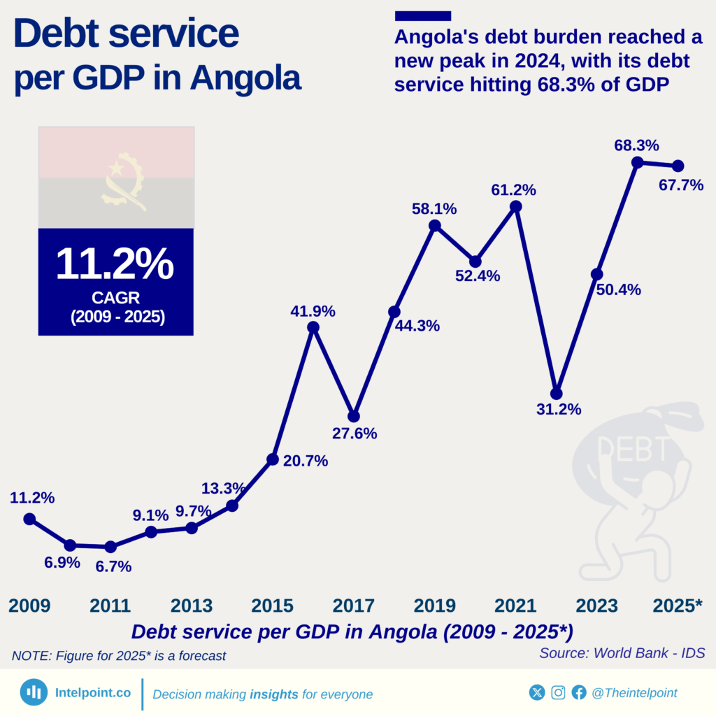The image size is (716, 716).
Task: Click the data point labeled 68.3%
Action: (637, 162)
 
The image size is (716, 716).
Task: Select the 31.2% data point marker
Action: (556, 394)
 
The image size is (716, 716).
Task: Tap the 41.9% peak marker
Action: (313, 327)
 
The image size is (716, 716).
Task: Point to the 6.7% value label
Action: (114, 566)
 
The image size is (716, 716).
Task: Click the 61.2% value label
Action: (513, 189)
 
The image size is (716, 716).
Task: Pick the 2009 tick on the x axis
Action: (29, 606)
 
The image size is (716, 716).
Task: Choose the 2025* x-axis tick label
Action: (677, 606)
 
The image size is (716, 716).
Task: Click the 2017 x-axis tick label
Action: (353, 606)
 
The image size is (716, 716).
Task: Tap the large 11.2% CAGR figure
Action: (115, 264)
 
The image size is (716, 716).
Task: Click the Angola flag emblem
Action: (124, 181)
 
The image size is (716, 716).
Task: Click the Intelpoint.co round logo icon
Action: (33, 692)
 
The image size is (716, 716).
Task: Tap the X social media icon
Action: (536, 692)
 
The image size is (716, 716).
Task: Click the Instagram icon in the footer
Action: (558, 692)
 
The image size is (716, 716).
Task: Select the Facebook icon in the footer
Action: (579, 692)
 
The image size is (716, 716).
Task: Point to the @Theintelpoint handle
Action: (634, 692)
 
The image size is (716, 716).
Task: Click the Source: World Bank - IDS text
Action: (622, 652)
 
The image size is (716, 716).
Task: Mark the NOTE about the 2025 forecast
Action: (119, 656)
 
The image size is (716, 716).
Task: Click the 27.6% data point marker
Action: (354, 416)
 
